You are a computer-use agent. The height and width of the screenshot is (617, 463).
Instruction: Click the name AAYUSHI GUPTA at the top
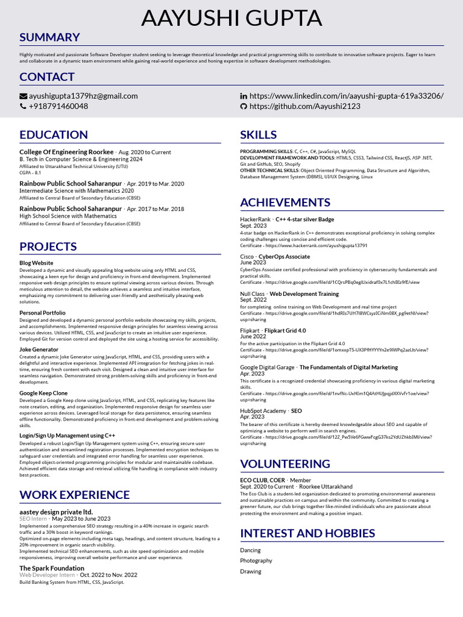(x=231, y=18)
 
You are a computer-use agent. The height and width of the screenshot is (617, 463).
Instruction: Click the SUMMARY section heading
(x=49, y=37)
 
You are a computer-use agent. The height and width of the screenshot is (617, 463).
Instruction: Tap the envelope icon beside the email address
(x=24, y=96)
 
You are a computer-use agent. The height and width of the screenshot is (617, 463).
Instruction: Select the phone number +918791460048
(x=58, y=106)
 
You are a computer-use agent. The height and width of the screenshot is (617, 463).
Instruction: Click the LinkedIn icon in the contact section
(x=244, y=96)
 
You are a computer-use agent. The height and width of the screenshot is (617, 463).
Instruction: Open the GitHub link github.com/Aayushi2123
(x=304, y=106)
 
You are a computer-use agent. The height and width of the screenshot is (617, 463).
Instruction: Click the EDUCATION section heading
(x=54, y=134)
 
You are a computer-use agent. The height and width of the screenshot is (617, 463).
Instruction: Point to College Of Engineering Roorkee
(x=66, y=152)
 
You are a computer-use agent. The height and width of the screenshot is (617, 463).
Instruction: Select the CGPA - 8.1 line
(x=30, y=172)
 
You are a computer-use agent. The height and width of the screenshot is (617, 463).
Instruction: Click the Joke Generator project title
(x=39, y=349)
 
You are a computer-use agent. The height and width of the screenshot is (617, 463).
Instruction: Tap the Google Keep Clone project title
(x=43, y=393)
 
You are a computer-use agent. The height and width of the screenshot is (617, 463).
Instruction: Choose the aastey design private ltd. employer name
(x=56, y=512)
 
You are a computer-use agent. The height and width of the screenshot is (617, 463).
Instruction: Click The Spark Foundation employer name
(x=52, y=568)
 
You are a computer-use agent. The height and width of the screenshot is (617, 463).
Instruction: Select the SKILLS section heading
(x=259, y=134)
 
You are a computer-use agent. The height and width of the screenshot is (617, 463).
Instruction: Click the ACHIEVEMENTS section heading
(x=285, y=202)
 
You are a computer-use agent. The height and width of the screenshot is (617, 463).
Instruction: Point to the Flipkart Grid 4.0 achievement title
(x=285, y=331)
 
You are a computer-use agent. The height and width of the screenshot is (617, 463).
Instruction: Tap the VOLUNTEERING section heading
(x=285, y=463)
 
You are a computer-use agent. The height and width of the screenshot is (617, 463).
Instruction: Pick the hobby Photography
(x=256, y=560)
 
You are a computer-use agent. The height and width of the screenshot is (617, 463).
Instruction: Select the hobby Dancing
(x=251, y=550)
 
